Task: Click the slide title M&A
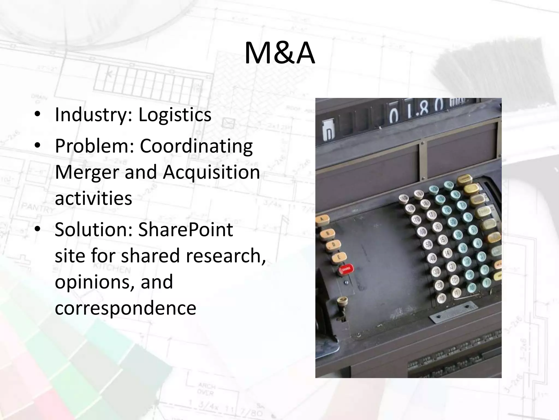click(x=279, y=54)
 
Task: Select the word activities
click(x=93, y=198)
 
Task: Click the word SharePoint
click(x=185, y=230)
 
